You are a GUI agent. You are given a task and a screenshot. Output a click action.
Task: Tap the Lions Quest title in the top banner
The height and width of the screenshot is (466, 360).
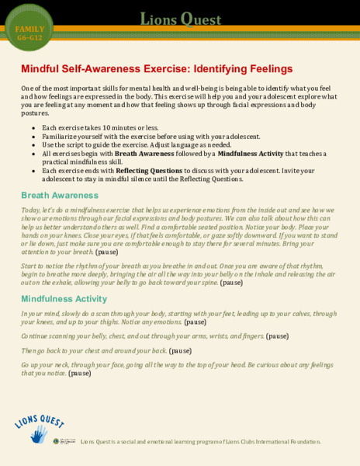tap(180, 19)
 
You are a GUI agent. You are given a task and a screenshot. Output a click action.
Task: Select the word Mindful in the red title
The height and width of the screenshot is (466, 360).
tap(43, 68)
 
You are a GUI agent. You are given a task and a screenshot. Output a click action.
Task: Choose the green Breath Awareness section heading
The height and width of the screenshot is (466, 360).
tap(60, 195)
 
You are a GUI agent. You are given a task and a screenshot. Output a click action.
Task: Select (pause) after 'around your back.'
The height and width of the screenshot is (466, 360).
tap(180, 351)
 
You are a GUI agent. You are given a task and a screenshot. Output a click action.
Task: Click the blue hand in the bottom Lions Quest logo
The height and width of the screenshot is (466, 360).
tap(39, 434)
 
